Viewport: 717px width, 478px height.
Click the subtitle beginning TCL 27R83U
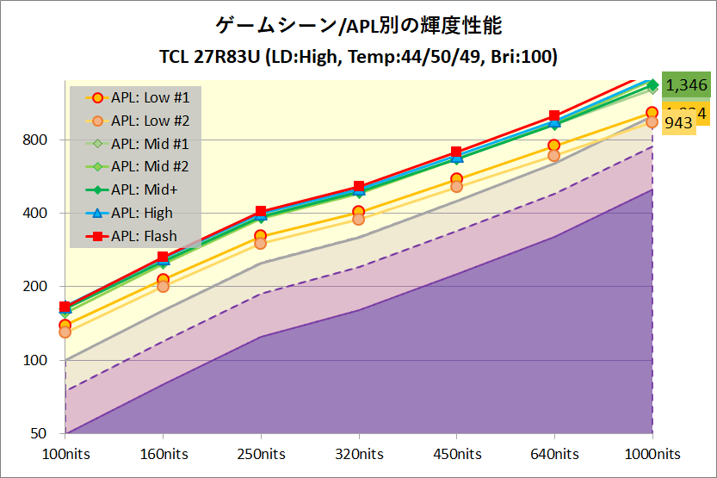pyautogui.click(x=358, y=58)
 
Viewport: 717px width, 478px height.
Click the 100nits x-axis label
pyautogui.click(x=65, y=453)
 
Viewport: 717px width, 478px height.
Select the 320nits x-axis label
pyautogui.click(x=359, y=453)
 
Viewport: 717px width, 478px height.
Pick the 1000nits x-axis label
pyautogui.click(x=652, y=453)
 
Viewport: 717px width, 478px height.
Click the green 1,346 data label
pyautogui.click(x=686, y=84)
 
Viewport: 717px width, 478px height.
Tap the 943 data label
pyautogui.click(x=679, y=123)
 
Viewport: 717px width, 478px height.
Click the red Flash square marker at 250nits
pyautogui.click(x=261, y=212)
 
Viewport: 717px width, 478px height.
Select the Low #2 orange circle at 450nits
pyautogui.click(x=457, y=186)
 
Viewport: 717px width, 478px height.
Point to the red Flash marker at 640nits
pyautogui.click(x=554, y=116)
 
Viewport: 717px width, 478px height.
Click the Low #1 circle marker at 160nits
pyautogui.click(x=164, y=279)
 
